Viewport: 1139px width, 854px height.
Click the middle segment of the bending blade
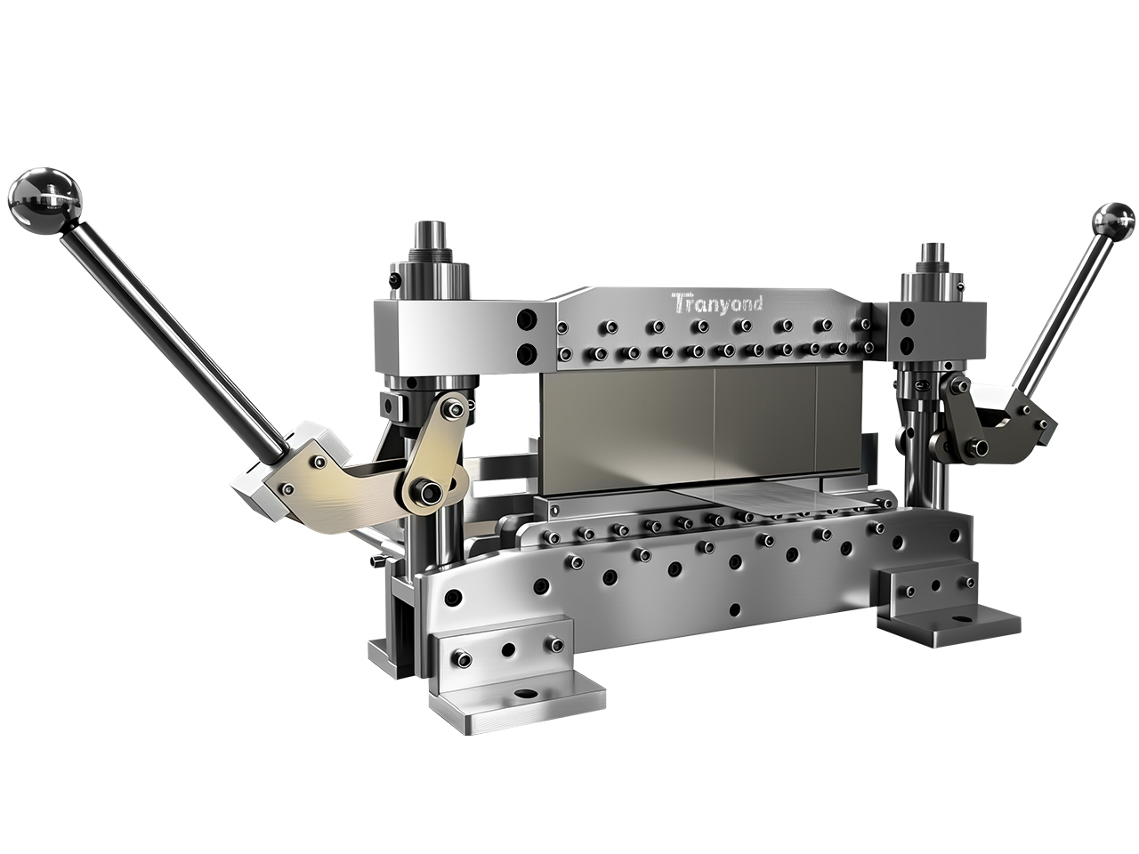point(765,427)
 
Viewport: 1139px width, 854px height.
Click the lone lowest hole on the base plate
point(734,609)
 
